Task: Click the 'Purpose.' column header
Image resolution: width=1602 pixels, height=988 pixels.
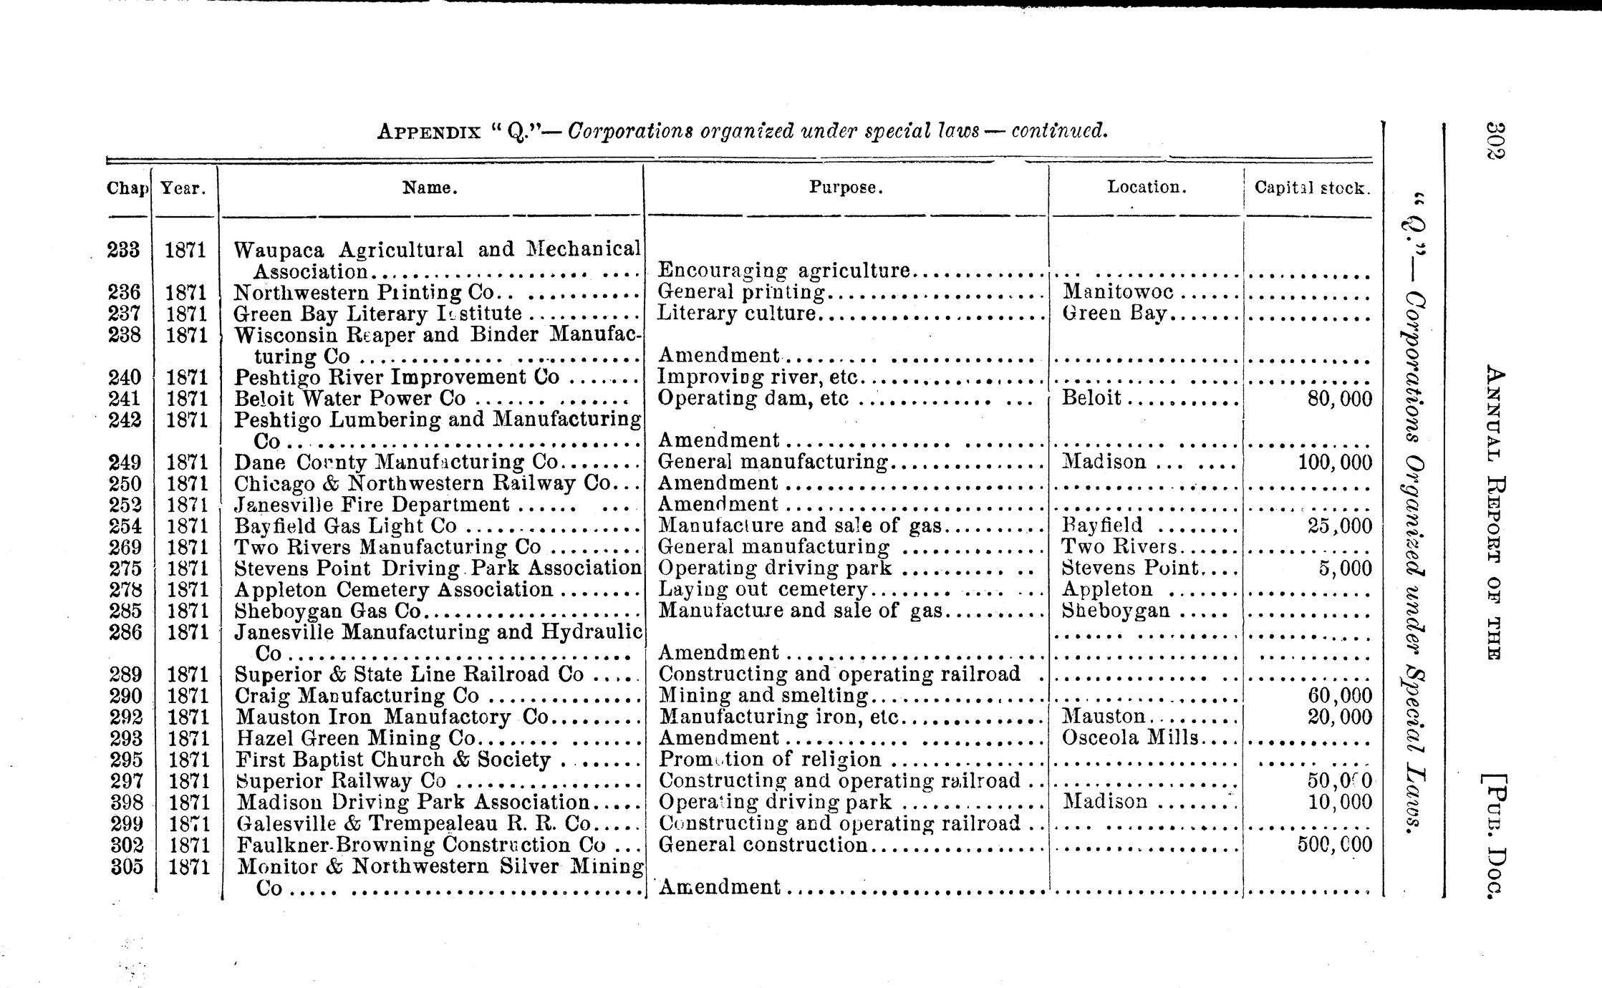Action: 846,188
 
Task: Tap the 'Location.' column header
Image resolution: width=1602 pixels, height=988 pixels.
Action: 1147,187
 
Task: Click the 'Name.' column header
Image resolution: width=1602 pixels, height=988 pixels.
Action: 430,188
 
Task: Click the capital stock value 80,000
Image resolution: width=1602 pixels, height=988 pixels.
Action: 1339,399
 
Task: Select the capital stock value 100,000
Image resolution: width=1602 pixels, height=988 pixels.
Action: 1335,462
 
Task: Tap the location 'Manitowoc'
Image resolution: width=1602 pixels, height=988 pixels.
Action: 1118,291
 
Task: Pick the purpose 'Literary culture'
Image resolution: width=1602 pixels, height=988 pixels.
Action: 737,314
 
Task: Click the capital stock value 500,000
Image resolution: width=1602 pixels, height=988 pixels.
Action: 1335,845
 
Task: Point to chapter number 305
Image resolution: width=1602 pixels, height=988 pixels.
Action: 127,866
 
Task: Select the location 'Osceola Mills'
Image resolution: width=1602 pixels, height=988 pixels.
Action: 1131,737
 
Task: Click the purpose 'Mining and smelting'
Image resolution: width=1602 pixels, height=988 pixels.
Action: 763,695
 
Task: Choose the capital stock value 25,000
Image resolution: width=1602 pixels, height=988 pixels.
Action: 1339,526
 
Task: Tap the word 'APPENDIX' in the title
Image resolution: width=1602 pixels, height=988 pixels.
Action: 429,132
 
